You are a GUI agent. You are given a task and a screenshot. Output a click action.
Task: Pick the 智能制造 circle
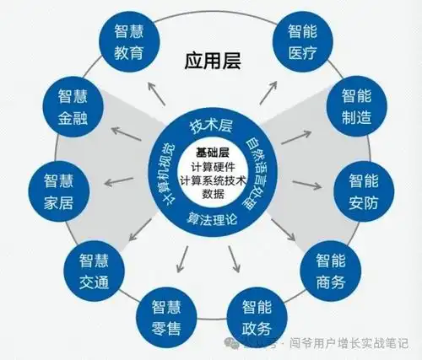tap(358, 106)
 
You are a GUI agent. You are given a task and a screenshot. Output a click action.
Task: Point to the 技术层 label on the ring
tap(210, 126)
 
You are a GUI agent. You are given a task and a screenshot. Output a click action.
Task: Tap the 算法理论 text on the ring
tap(211, 220)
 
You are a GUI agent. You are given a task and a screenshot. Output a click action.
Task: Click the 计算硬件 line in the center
tap(212, 166)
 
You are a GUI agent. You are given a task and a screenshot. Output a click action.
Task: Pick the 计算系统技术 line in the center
tap(212, 180)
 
